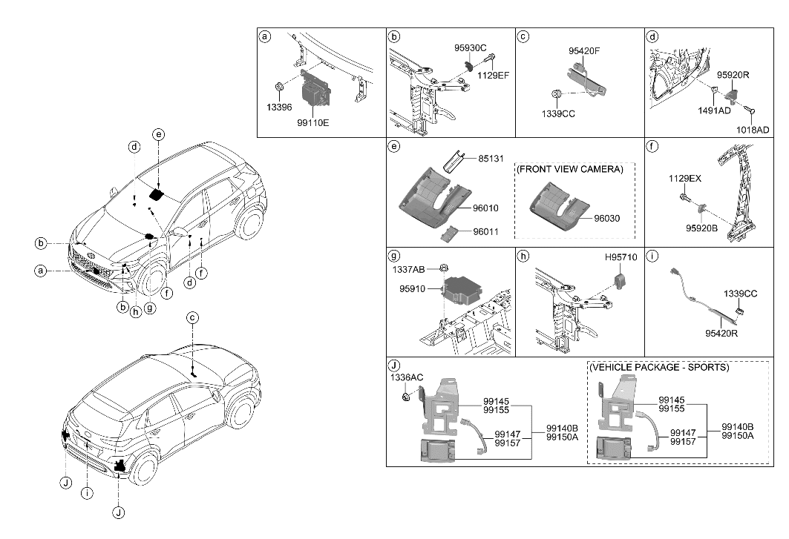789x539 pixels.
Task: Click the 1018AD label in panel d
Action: (753, 130)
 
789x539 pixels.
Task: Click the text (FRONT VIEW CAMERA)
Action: (570, 169)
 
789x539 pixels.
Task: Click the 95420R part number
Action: (723, 333)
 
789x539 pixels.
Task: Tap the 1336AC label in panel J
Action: (407, 378)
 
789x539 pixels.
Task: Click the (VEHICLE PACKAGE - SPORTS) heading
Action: (659, 367)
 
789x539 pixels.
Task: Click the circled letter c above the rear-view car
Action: (192, 318)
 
